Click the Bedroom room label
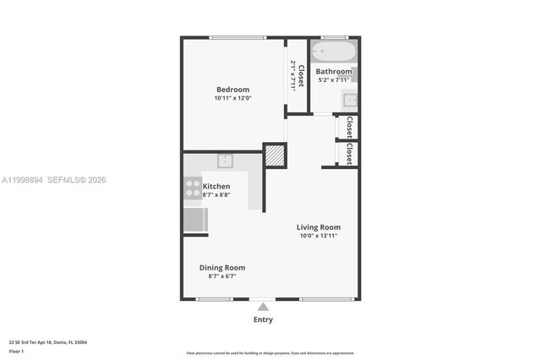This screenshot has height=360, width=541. tap(232, 90)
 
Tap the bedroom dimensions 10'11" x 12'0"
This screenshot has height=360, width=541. tap(232, 99)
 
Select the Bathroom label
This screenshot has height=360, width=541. tap(334, 72)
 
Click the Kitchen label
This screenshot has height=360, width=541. tap(216, 186)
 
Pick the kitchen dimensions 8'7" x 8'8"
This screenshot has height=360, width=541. tap(216, 195)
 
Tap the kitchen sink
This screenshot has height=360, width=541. tap(225, 161)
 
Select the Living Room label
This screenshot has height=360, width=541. tap(318, 226)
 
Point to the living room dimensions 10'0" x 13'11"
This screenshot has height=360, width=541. tap(318, 236)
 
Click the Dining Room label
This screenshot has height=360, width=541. tap(222, 267)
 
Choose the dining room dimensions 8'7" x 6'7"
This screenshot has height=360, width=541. tap(222, 276)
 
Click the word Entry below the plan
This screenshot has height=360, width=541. tap(263, 319)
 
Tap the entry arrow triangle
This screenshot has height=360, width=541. tap(263, 307)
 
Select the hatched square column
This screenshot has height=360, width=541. tap(275, 155)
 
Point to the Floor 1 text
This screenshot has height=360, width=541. tap(17, 351)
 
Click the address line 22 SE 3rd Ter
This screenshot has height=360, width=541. tap(48, 342)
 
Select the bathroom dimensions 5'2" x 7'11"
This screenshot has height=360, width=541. tap(334, 80)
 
